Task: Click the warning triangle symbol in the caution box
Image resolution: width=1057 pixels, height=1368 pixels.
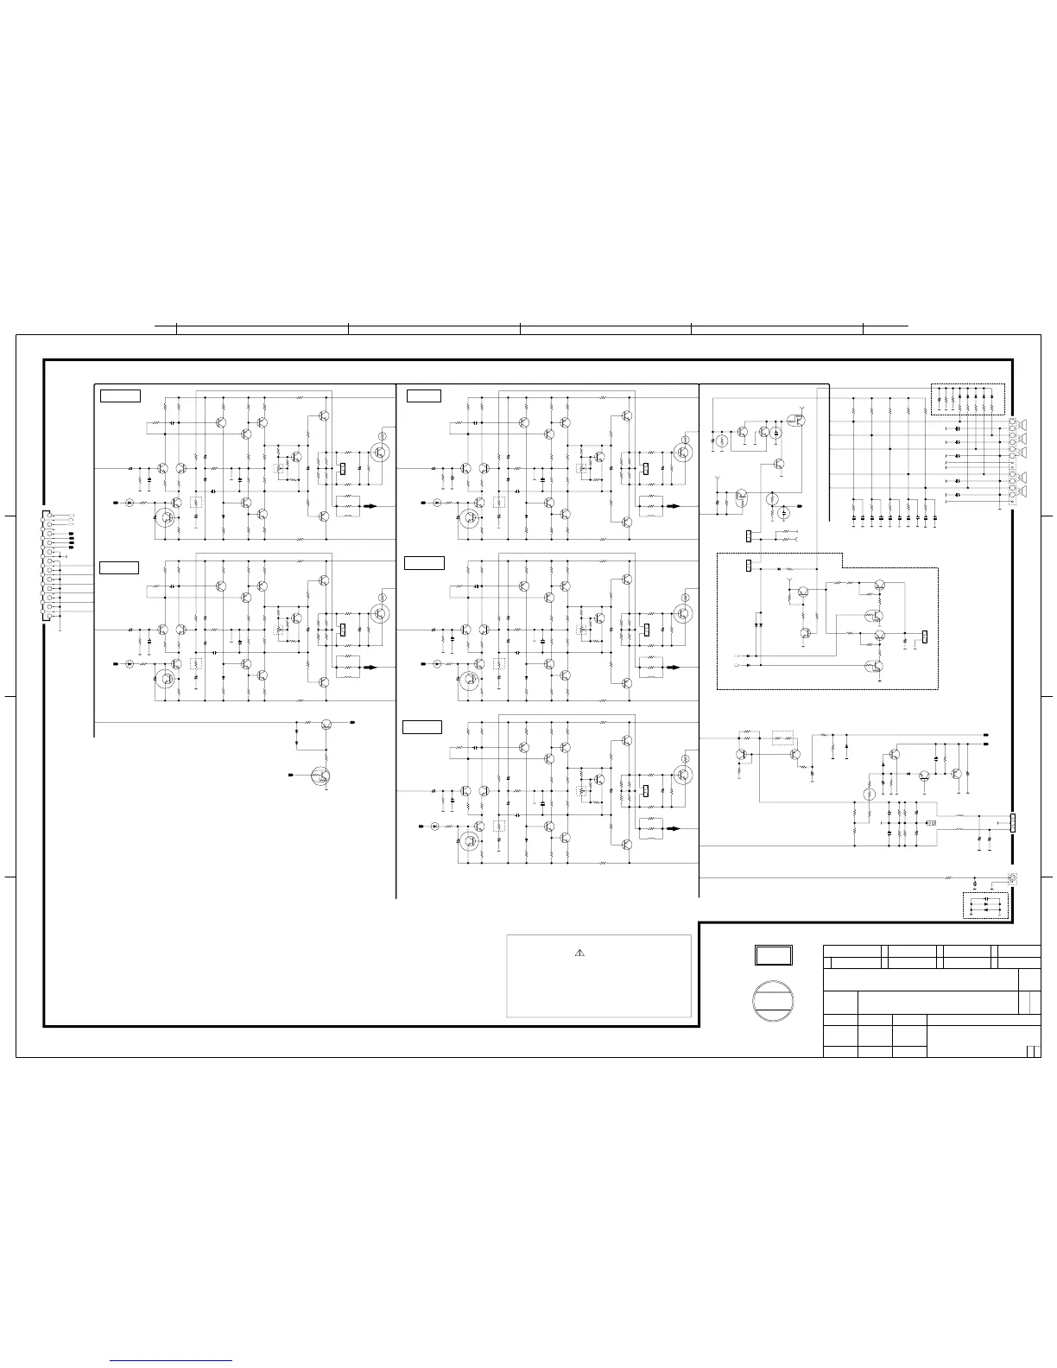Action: pyautogui.click(x=580, y=953)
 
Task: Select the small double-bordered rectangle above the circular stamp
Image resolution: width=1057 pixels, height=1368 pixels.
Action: pyautogui.click(x=774, y=955)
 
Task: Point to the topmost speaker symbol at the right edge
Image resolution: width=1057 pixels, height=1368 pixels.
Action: pyautogui.click(x=1025, y=425)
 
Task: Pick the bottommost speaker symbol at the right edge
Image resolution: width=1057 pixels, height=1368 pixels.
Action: pyautogui.click(x=1025, y=492)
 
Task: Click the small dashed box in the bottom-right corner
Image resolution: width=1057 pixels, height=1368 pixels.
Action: pyautogui.click(x=986, y=906)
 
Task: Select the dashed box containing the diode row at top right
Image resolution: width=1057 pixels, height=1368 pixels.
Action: pyautogui.click(x=969, y=398)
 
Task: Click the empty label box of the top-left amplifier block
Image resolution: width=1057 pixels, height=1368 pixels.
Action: pyautogui.click(x=120, y=396)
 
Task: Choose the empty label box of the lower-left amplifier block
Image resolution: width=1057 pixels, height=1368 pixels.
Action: pyautogui.click(x=119, y=567)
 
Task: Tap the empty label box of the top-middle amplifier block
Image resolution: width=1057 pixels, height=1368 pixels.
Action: pyautogui.click(x=424, y=396)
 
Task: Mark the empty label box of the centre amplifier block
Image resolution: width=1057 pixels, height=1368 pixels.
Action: pyautogui.click(x=424, y=564)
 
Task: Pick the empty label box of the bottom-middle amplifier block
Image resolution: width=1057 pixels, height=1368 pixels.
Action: pyautogui.click(x=422, y=727)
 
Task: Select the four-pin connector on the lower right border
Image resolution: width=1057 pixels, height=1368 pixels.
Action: pyautogui.click(x=1013, y=822)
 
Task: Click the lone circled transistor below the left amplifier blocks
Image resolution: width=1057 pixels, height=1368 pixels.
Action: pyautogui.click(x=321, y=776)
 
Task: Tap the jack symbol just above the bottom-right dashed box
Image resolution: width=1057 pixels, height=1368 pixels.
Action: pyautogui.click(x=1013, y=878)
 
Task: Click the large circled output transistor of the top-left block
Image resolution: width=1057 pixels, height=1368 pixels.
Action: pyautogui.click(x=379, y=451)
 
